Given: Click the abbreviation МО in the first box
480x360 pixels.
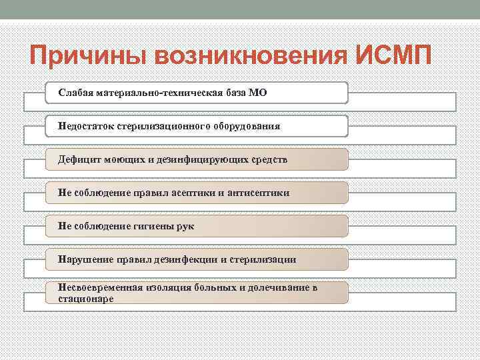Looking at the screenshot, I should (x=258, y=93).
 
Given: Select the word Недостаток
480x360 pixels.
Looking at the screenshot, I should (x=85, y=126).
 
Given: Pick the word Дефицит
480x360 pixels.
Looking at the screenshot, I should (x=78, y=160).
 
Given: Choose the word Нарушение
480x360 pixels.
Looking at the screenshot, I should (x=83, y=259).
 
